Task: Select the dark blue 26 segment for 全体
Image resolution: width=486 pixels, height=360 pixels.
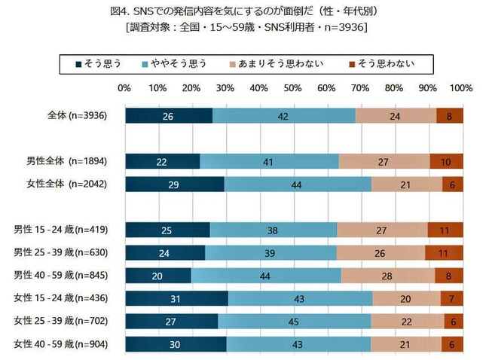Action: [169, 116]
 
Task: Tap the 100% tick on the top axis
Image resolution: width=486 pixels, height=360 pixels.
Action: [461, 88]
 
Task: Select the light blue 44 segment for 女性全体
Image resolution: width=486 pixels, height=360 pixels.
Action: [298, 185]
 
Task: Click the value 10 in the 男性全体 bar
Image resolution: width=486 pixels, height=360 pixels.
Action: [447, 161]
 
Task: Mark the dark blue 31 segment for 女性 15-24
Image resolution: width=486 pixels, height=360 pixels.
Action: [177, 300]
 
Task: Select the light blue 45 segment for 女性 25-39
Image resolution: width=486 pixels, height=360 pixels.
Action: [294, 322]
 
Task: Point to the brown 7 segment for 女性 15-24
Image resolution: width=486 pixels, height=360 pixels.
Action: [452, 300]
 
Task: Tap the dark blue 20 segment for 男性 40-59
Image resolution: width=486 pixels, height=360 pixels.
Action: [158, 276]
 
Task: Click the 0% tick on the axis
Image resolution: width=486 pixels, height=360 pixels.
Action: [125, 88]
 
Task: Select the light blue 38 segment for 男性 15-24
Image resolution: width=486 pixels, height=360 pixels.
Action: [274, 230]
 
